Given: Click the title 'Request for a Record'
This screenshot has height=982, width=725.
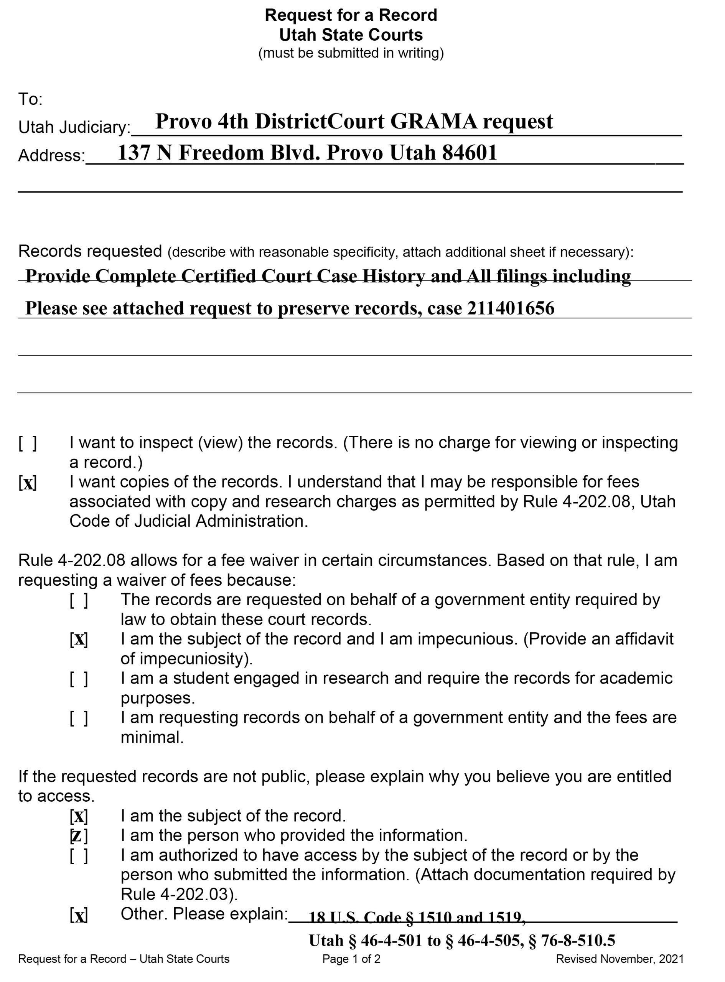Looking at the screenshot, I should (351, 15).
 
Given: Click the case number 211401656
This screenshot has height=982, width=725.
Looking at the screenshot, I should (511, 308).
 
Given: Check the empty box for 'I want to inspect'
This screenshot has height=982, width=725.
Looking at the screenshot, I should (28, 443).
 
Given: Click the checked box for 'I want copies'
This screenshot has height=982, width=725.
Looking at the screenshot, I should (28, 483).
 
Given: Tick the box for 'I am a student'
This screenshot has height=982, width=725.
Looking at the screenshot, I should (79, 679).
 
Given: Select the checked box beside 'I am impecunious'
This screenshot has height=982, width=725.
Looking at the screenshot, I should (79, 639).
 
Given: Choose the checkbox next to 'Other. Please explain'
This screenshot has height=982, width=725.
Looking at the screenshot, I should (79, 915).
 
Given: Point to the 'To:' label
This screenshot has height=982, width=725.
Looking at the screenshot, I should (30, 100).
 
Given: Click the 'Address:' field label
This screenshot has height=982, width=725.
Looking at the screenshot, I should (51, 156).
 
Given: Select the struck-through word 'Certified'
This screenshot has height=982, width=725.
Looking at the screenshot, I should (219, 277).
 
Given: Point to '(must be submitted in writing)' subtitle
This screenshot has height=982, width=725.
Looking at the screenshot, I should (351, 53).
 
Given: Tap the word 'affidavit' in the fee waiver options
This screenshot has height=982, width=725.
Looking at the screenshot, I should (644, 639).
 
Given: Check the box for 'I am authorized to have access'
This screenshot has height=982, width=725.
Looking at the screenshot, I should (79, 856).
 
